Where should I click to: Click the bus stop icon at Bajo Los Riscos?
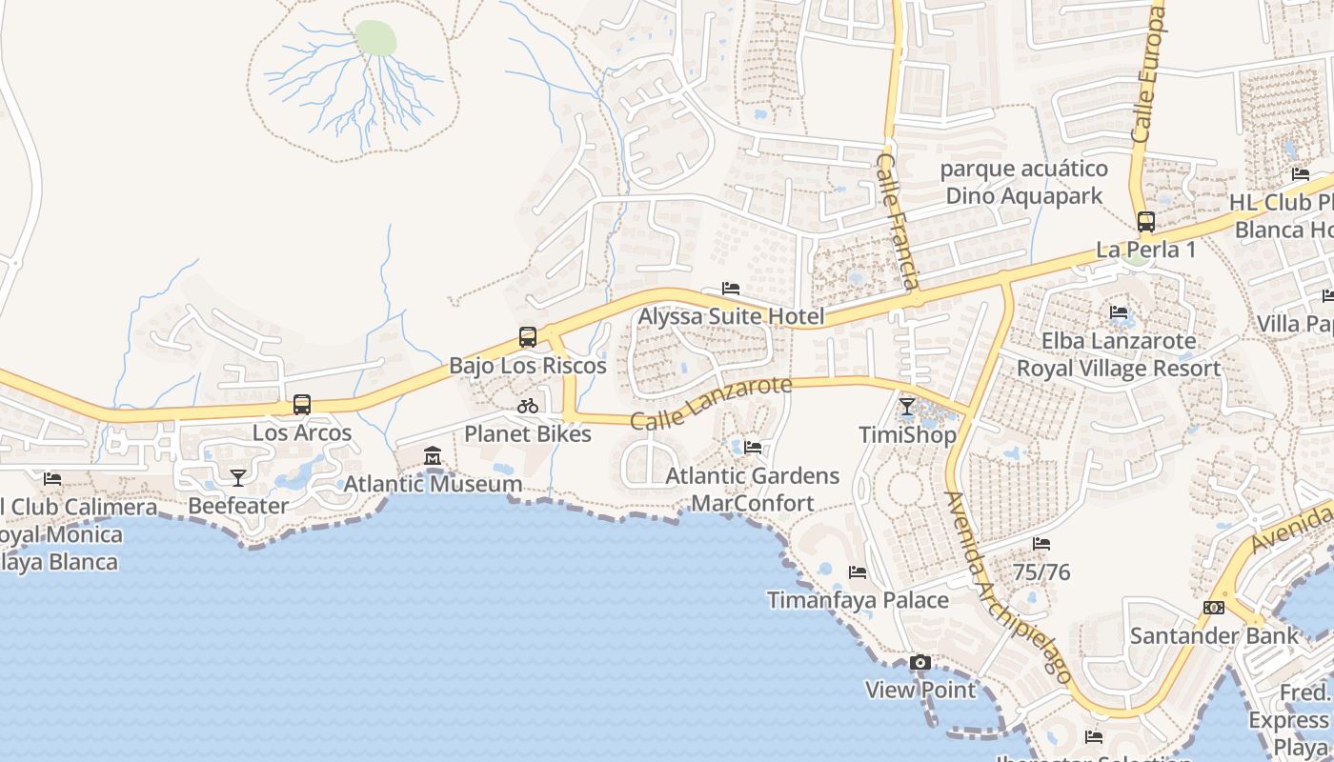point(528,336)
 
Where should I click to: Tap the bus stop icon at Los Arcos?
point(302,404)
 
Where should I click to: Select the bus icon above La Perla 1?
point(1146,222)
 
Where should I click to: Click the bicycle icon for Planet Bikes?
point(528,406)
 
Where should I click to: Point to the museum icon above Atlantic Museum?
point(433,455)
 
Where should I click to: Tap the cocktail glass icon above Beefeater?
point(237,477)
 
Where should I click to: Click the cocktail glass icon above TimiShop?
point(907,408)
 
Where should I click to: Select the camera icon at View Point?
point(920,662)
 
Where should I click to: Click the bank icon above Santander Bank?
point(1214,607)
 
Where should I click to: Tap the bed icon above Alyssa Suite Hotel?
point(731,288)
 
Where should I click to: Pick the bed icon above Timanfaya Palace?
point(858,572)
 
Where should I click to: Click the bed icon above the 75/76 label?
point(1041,544)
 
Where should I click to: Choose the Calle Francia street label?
point(898,221)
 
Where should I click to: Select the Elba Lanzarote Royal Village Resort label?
point(1119,354)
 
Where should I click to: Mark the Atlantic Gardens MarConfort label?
point(753,489)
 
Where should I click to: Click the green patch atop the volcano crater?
point(375,38)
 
